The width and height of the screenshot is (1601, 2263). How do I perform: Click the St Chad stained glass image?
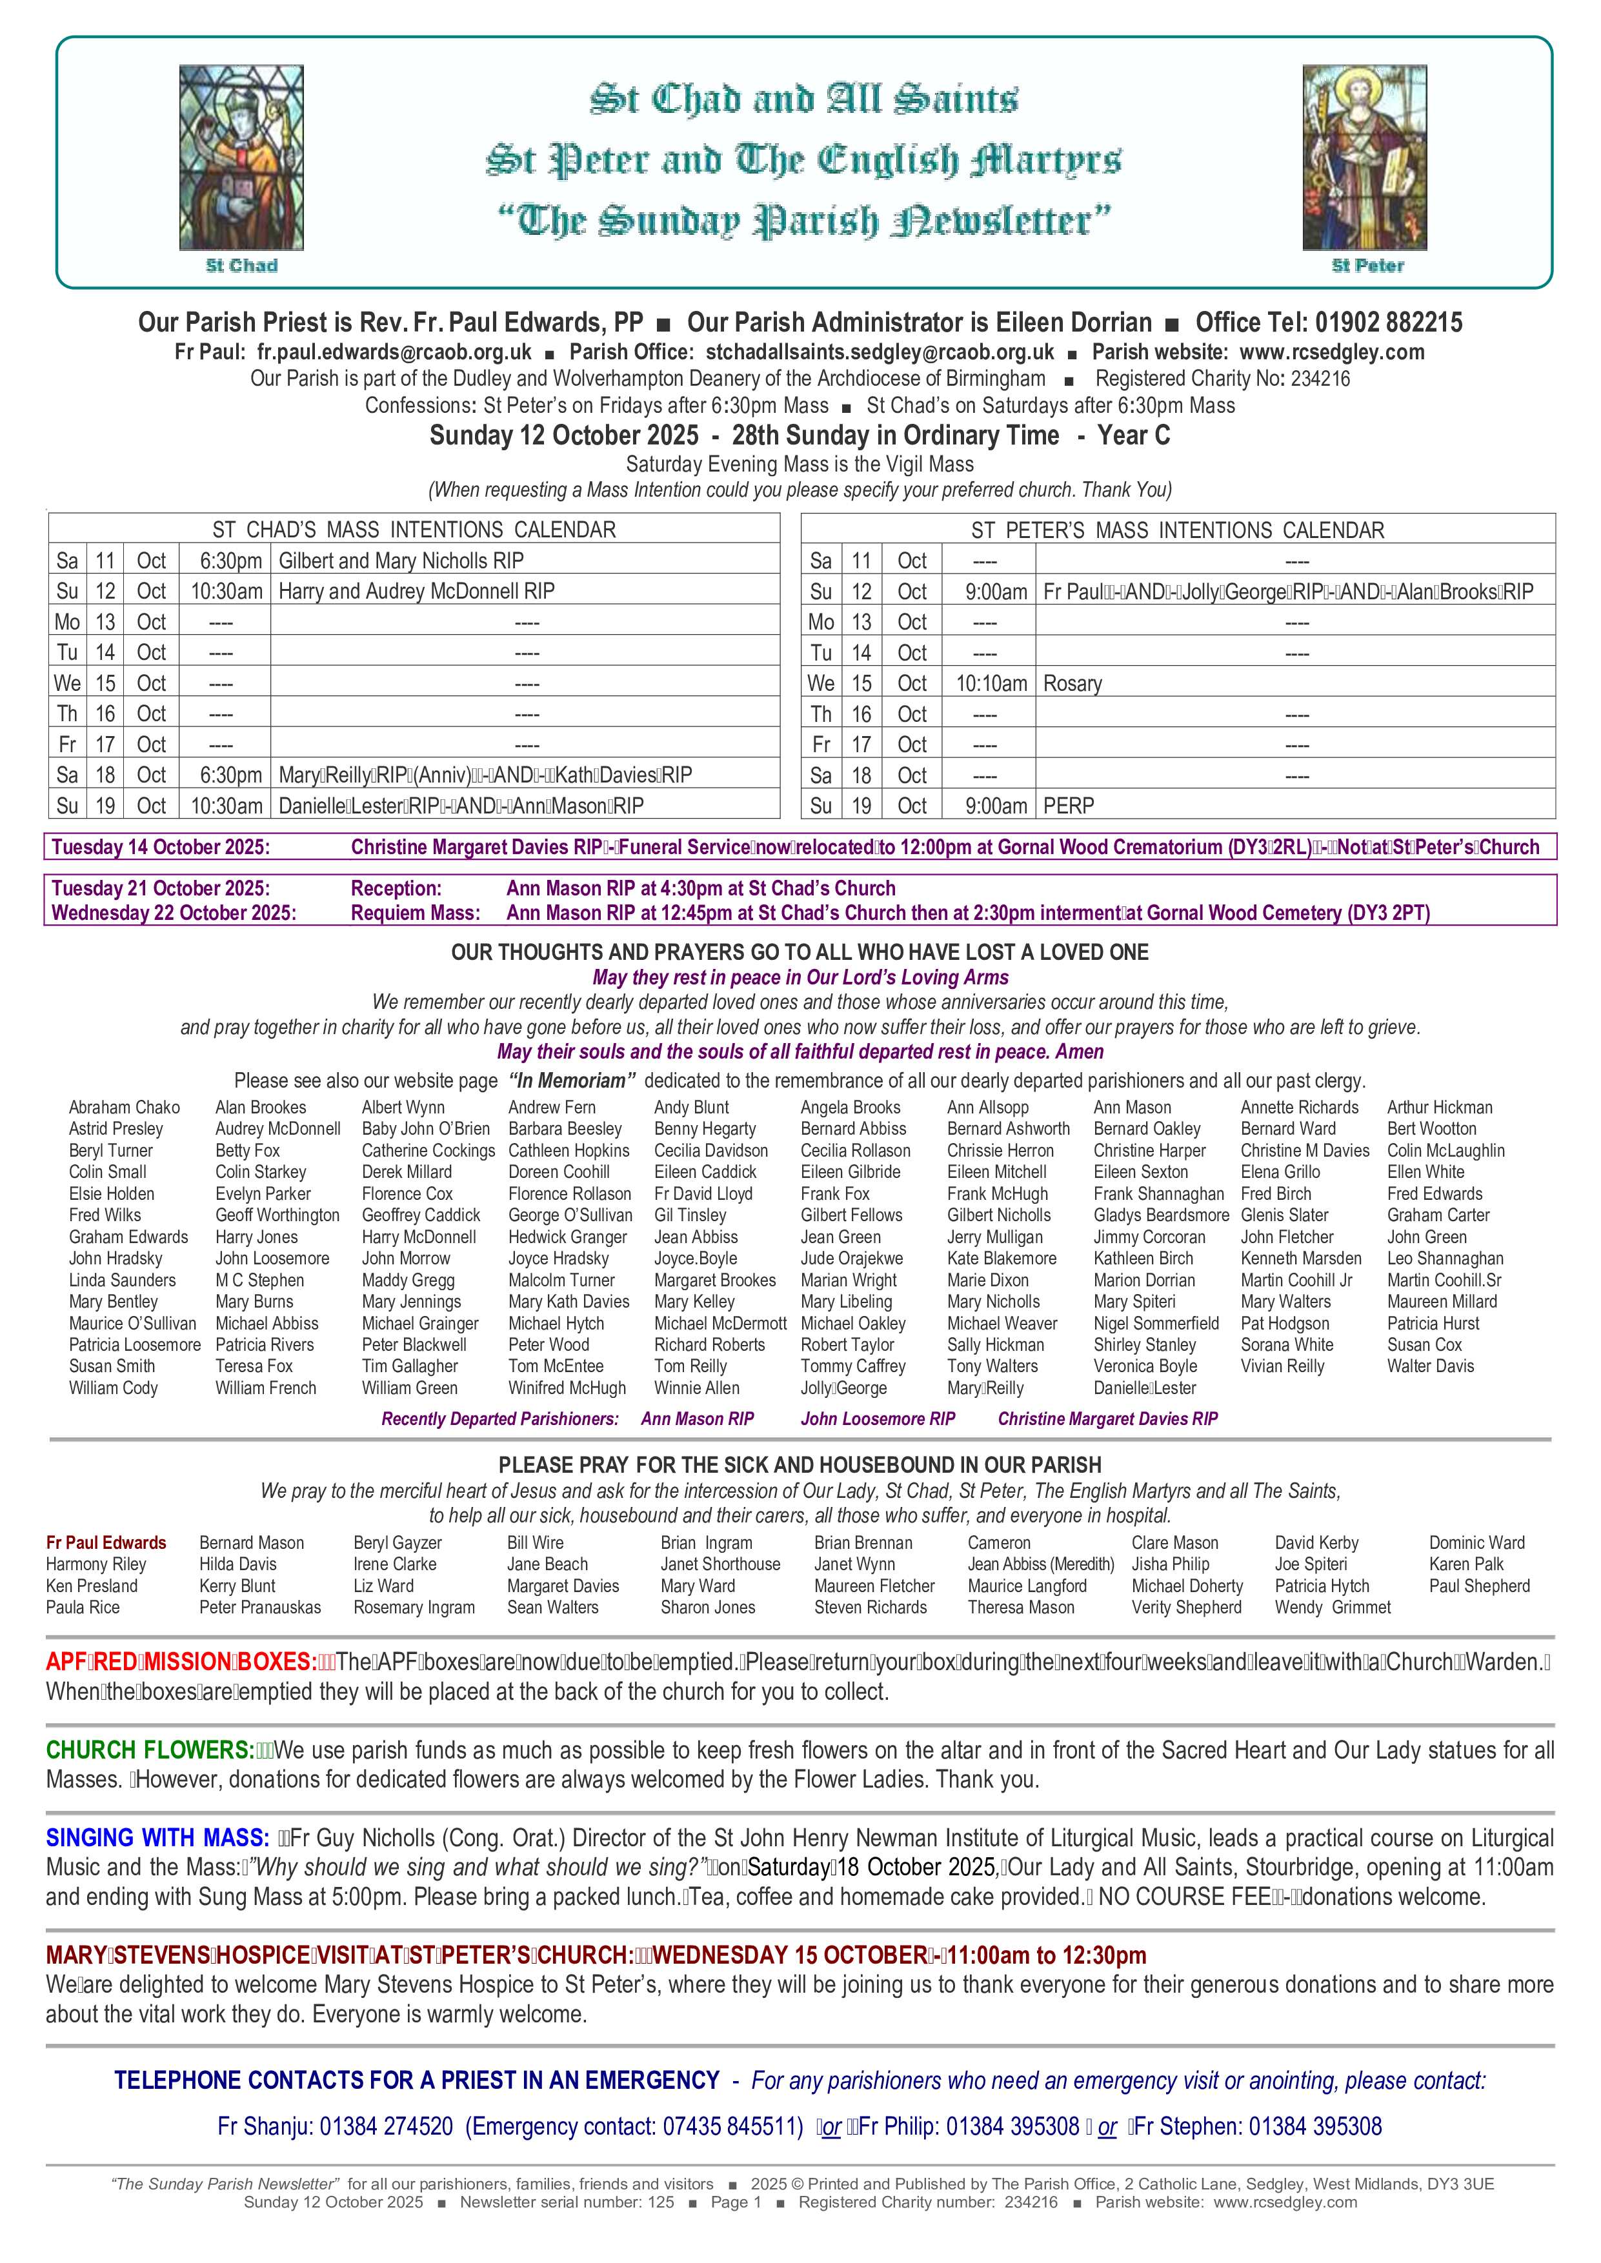(241, 157)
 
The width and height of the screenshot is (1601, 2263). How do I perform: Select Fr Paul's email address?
(394, 352)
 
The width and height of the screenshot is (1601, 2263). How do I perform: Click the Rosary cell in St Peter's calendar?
(1072, 683)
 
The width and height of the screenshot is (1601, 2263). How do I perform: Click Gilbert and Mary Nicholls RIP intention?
(401, 561)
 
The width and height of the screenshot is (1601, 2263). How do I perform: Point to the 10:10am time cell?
(991, 683)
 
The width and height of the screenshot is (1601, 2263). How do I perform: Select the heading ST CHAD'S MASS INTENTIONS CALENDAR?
(414, 529)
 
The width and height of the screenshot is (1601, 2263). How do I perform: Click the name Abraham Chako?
(124, 1107)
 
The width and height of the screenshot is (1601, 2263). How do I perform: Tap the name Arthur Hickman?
(1439, 1107)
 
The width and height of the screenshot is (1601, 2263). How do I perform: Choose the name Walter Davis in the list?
(1431, 1366)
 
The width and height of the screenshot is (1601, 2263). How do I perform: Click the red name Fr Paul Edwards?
(106, 1542)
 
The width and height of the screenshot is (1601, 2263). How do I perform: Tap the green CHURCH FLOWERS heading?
(150, 1750)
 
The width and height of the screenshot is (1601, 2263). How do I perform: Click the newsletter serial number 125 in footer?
(661, 2202)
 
